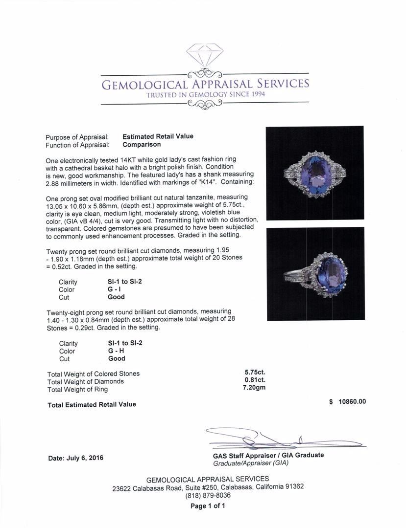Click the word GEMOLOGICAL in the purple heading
(144, 84)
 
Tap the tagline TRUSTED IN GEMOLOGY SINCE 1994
(205, 94)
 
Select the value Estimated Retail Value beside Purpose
(158, 136)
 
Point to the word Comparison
(142, 144)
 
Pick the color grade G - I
(116, 289)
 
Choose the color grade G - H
(117, 351)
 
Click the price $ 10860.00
(348, 402)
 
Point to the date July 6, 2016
(76, 458)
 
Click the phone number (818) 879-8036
(208, 495)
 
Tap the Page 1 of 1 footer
(208, 506)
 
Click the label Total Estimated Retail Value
(92, 404)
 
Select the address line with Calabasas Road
(208, 487)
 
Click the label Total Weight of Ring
(77, 389)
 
